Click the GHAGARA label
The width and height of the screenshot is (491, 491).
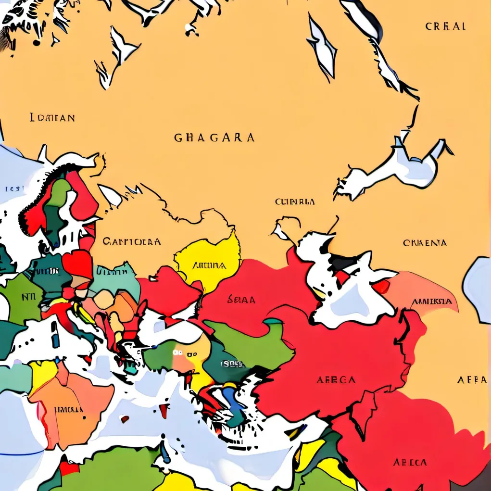pyautogui.click(x=214, y=138)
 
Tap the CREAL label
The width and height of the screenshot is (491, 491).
pyautogui.click(x=445, y=26)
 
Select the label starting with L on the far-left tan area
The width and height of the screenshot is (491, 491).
pyautogui.click(x=52, y=117)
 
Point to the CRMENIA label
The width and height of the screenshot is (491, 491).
pyautogui.click(x=425, y=243)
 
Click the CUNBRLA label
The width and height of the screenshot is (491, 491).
pyautogui.click(x=295, y=202)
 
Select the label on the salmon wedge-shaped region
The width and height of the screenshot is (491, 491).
pyautogui.click(x=431, y=302)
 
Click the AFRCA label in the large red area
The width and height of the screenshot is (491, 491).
pyautogui.click(x=336, y=380)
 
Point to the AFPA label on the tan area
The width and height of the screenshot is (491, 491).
pyautogui.click(x=472, y=380)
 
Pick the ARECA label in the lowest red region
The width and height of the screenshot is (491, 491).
pyautogui.click(x=410, y=463)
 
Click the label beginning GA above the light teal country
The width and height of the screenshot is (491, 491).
pyautogui.click(x=131, y=241)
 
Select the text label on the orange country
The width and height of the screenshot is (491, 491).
pyautogui.click(x=68, y=410)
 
